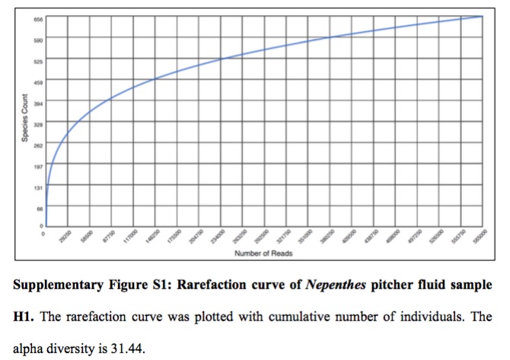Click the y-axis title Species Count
click(x=25, y=118)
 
